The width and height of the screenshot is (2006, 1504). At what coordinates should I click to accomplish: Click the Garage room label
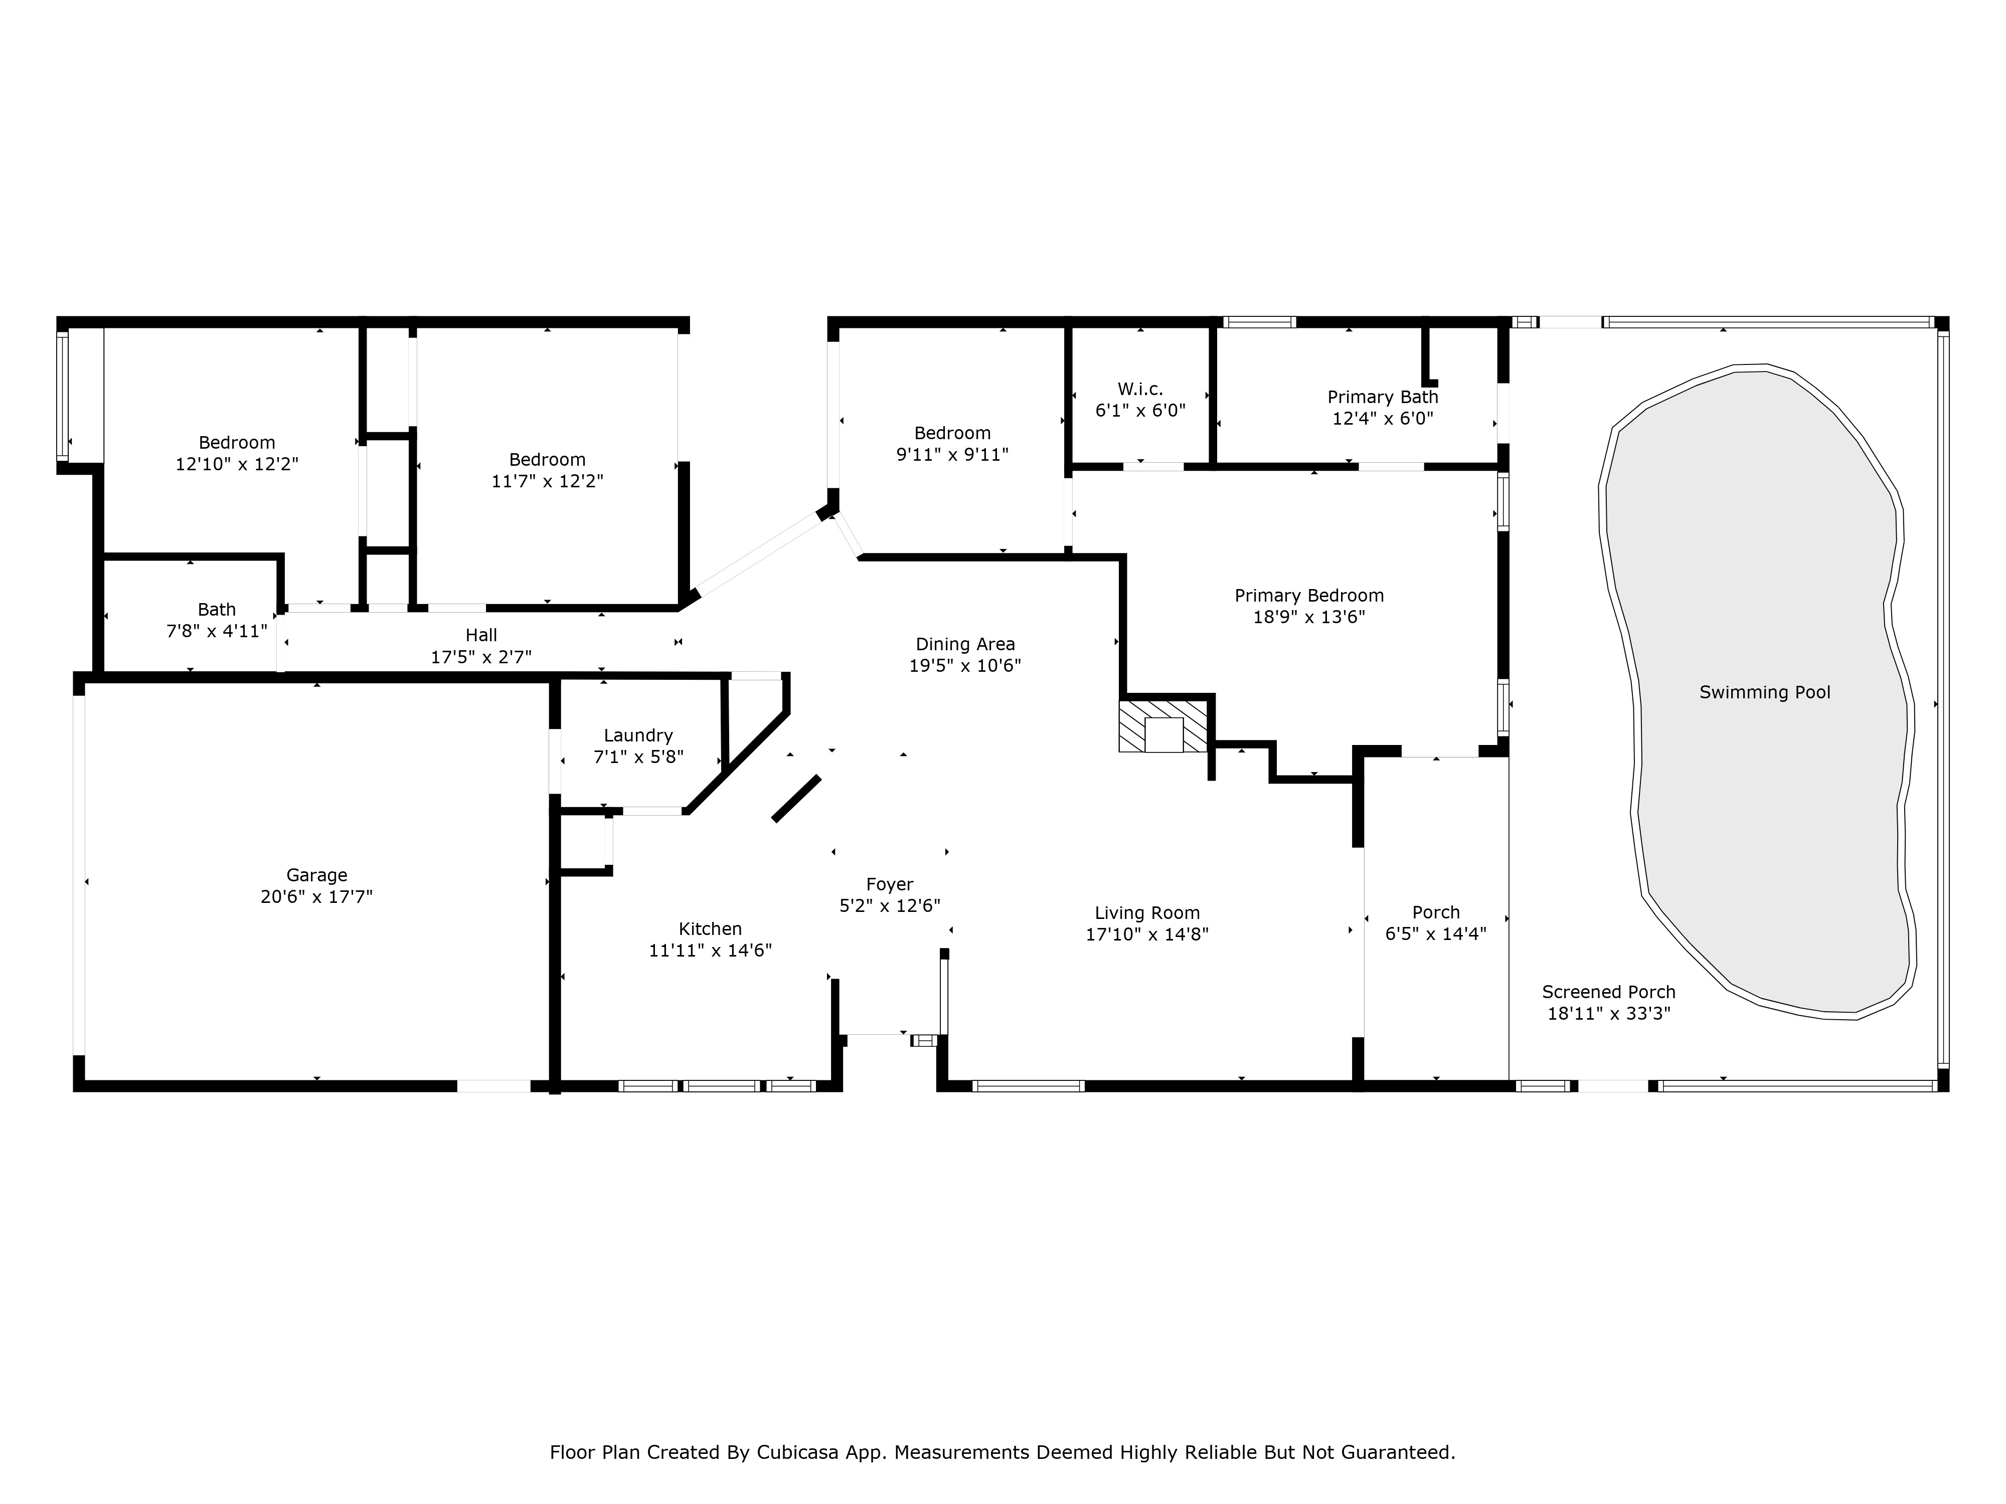click(316, 875)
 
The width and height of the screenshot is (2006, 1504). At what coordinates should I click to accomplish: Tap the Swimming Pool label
click(1765, 693)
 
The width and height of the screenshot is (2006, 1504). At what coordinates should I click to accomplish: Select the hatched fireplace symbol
click(1164, 726)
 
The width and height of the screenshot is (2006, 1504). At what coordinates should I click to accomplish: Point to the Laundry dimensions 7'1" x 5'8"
click(638, 756)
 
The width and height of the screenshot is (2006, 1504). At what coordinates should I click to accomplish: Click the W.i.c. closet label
click(1140, 389)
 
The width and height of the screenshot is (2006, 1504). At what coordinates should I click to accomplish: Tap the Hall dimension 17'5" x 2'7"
click(481, 656)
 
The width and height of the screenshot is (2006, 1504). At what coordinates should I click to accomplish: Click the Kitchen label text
click(710, 928)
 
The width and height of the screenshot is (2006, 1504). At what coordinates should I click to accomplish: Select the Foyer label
click(890, 884)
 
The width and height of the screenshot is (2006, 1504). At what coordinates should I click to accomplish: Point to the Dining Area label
click(965, 645)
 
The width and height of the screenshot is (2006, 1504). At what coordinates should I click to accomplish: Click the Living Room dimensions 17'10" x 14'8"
click(1147, 934)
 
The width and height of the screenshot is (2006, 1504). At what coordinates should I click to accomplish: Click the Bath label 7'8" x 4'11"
click(217, 631)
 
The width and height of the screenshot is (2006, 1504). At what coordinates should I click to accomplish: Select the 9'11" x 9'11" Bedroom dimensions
click(952, 454)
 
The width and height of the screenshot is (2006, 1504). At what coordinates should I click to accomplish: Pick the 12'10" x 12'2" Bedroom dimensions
click(237, 463)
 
